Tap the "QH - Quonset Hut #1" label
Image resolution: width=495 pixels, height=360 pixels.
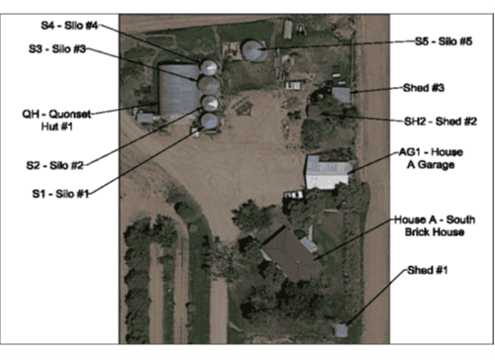pyautogui.click(x=56, y=120)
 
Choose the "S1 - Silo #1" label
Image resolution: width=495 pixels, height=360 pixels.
pyautogui.click(x=62, y=194)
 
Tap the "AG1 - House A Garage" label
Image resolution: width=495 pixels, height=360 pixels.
pyautogui.click(x=427, y=159)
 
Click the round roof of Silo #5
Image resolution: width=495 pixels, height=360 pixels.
pyautogui.click(x=255, y=49)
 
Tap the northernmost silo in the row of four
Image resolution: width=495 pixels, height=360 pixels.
pyautogui.click(x=209, y=67)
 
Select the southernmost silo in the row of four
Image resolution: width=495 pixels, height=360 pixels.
pyautogui.click(x=210, y=121)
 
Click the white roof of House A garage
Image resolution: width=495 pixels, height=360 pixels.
pyautogui.click(x=326, y=171)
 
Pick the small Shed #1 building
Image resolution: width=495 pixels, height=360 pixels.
pyautogui.click(x=342, y=329)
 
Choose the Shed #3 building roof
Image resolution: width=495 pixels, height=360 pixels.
pyautogui.click(x=341, y=95)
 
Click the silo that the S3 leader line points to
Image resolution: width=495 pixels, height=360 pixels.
pyautogui.click(x=210, y=85)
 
